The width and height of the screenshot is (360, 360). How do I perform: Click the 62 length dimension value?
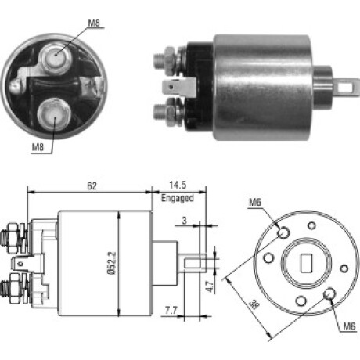click(92, 186)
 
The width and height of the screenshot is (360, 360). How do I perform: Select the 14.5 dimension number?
click(178, 185)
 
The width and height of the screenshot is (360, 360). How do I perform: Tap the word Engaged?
click(178, 198)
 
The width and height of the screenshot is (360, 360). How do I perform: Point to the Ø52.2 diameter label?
click(112, 263)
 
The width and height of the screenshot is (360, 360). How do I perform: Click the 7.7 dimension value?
click(171, 311)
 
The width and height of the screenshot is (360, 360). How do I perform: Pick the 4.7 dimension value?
click(210, 286)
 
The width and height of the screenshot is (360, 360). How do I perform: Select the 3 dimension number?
click(185, 221)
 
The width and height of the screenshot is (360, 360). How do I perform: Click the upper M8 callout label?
click(94, 23)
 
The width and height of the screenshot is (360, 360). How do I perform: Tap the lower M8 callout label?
click(38, 147)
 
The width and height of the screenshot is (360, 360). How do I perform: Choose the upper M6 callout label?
click(255, 202)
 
